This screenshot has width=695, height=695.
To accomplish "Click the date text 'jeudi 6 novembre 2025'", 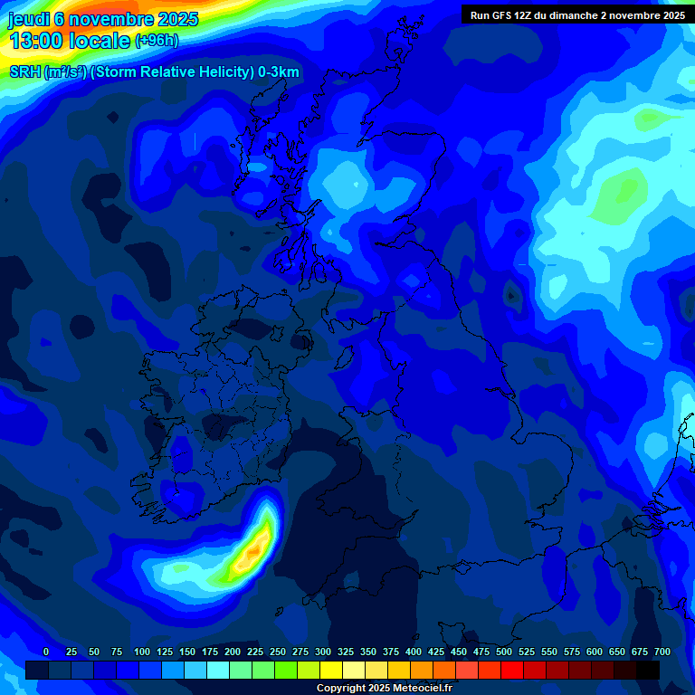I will click(x=103, y=19).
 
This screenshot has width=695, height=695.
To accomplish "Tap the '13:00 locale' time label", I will click(x=70, y=40).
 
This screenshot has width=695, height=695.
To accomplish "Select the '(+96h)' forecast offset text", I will click(x=157, y=41).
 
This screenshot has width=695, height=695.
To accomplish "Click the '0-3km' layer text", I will click(x=279, y=72).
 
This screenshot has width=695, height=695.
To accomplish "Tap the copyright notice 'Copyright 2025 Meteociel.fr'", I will click(x=384, y=689).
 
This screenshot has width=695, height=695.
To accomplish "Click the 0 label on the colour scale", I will click(x=46, y=652).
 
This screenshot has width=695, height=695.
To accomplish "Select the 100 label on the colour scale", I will click(x=142, y=652).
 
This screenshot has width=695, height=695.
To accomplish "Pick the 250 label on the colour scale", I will click(x=278, y=652).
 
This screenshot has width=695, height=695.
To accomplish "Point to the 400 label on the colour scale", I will click(x=414, y=652).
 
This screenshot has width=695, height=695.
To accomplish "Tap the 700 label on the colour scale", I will click(x=662, y=652).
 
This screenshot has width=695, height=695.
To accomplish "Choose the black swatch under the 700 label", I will click(x=648, y=670).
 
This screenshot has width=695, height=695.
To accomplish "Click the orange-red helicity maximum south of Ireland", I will click(x=256, y=548).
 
